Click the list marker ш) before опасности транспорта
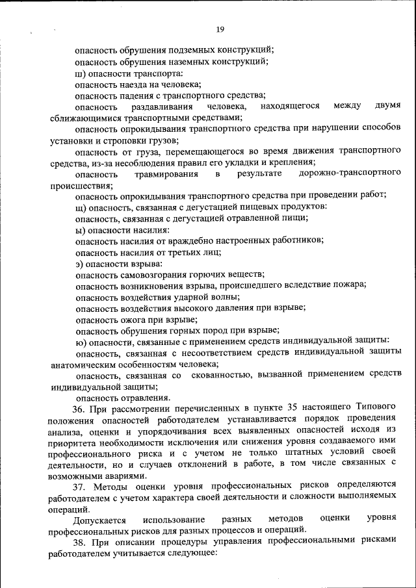point(80,73)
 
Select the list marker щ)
point(80,206)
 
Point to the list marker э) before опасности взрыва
point(79,263)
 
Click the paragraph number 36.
point(79,408)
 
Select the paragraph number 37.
point(79,487)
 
